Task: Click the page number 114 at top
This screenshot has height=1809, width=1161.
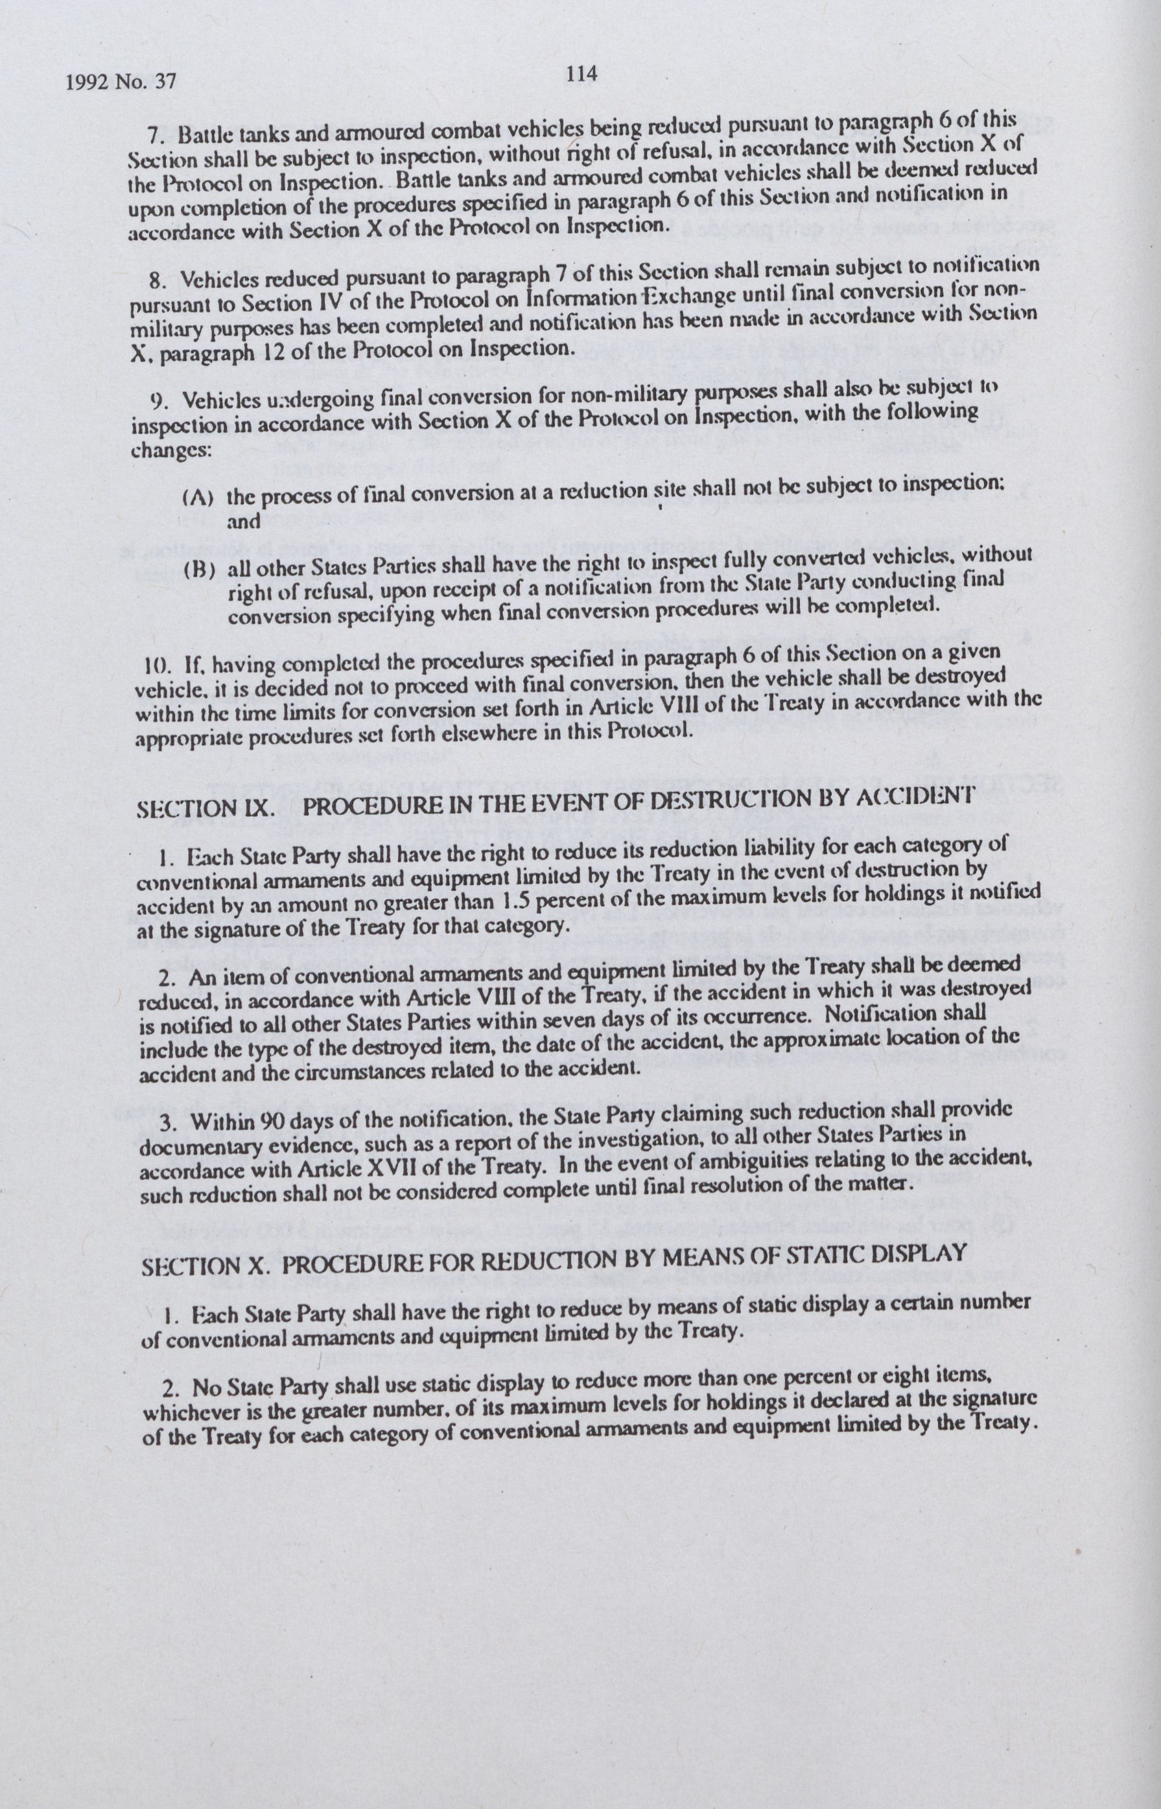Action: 581,74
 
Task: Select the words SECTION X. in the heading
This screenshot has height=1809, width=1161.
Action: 204,1267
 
